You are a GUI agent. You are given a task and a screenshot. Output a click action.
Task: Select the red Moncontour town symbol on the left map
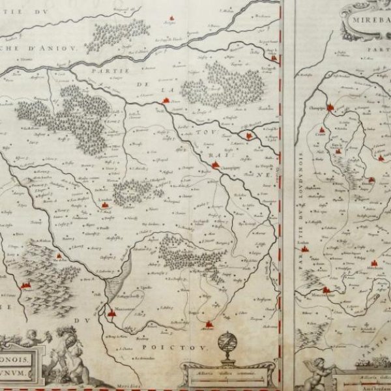(x=111, y=312)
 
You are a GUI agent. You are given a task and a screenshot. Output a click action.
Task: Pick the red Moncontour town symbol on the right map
(x=326, y=289)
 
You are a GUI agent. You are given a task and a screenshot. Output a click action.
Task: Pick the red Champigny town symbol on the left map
(x=215, y=165)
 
